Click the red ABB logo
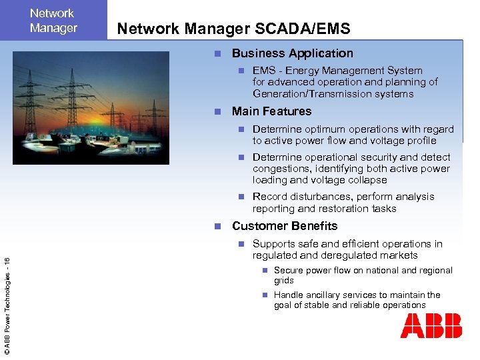click(431, 327)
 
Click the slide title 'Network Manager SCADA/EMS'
click(233, 28)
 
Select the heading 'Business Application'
click(292, 53)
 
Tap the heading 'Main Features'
click(271, 111)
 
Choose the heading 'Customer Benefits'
click(285, 226)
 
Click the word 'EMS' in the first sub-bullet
click(264, 71)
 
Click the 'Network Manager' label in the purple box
click(53, 21)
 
